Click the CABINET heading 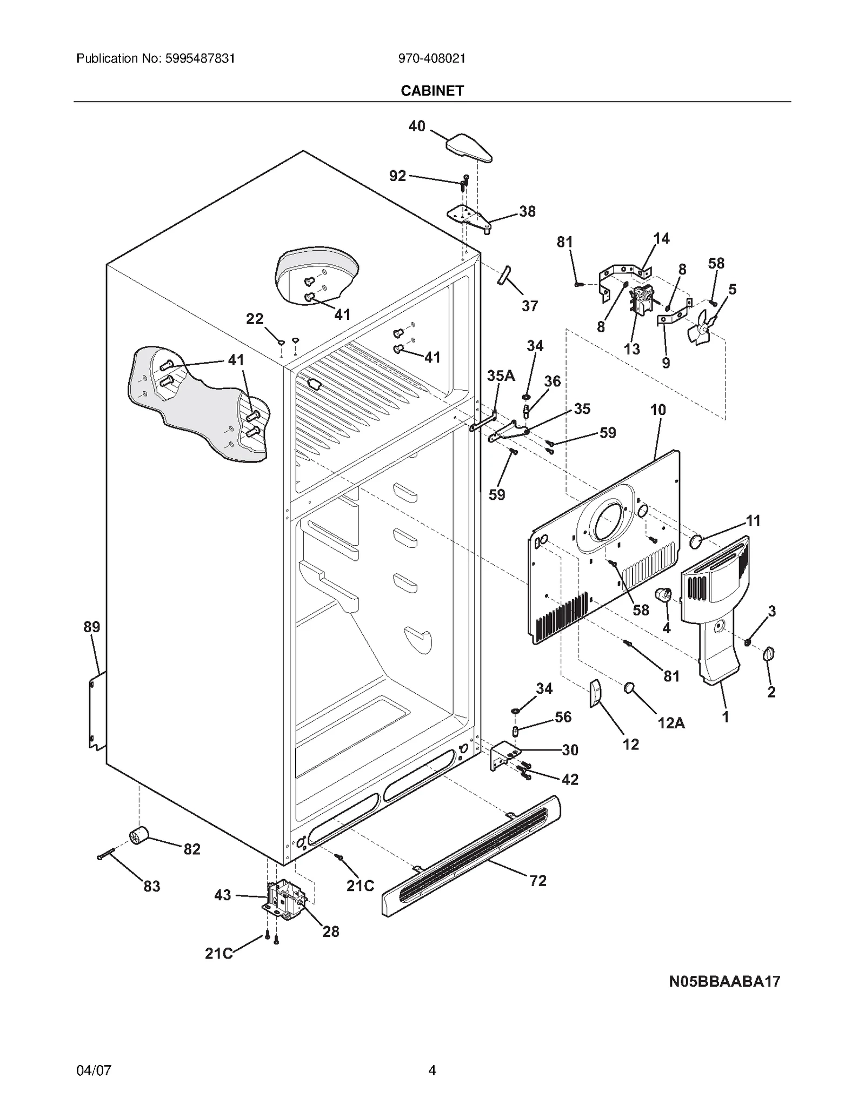point(432,91)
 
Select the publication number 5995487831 point(155,58)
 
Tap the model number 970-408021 point(431,58)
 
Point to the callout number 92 point(397,176)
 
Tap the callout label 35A point(501,376)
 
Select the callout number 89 point(91,627)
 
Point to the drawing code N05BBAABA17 point(724,981)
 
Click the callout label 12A point(671,722)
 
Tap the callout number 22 point(255,319)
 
